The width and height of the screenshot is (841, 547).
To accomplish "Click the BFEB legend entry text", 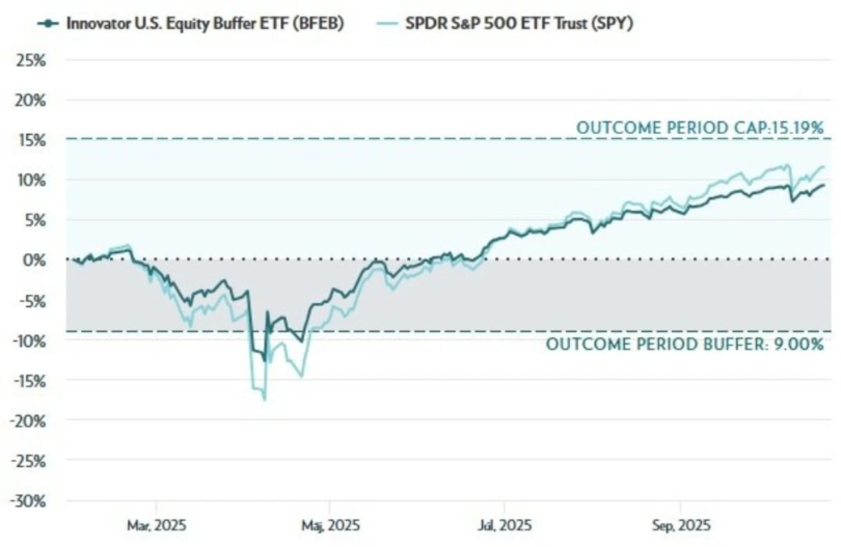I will click(x=205, y=23).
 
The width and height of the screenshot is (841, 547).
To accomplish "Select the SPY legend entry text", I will click(x=519, y=23).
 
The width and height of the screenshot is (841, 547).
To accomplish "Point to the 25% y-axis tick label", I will click(x=31, y=61).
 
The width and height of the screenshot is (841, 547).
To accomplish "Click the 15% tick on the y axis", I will click(x=31, y=141).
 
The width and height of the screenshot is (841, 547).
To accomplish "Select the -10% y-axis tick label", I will click(x=29, y=341).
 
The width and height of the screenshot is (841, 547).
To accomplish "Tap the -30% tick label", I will click(x=29, y=501).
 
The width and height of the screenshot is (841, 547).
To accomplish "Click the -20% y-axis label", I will click(x=29, y=421).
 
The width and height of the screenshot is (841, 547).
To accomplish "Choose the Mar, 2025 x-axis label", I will click(x=156, y=525).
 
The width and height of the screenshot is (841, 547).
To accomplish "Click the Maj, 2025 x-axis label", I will click(x=331, y=525).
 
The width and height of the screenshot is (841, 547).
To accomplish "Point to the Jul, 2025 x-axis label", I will click(x=505, y=525).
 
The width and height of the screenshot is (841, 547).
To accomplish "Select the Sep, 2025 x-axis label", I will click(x=681, y=525).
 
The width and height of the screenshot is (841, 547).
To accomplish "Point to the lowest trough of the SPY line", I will click(x=265, y=400).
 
